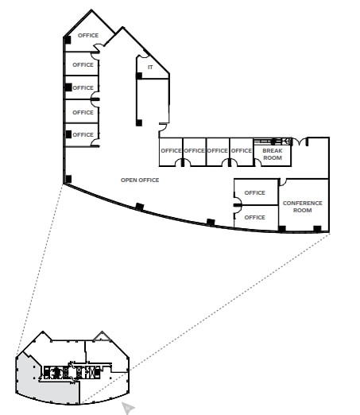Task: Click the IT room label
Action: click(149, 67)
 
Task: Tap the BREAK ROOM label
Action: click(272, 154)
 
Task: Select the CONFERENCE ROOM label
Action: click(302, 207)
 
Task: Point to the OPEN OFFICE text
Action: click(140, 180)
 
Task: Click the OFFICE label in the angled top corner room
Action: click(88, 36)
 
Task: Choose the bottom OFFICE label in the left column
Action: click(83, 134)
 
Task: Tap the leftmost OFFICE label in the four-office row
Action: click(171, 150)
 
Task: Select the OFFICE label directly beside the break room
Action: click(241, 150)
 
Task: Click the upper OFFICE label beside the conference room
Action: click(255, 192)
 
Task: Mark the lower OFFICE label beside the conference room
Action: click(255, 217)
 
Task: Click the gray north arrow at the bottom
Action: click(127, 408)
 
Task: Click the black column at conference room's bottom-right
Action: click(317, 229)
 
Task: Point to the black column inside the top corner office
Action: click(68, 40)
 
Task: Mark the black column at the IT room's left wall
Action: click(139, 76)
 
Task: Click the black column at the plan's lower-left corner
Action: click(69, 178)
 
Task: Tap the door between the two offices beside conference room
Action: click(236, 205)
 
